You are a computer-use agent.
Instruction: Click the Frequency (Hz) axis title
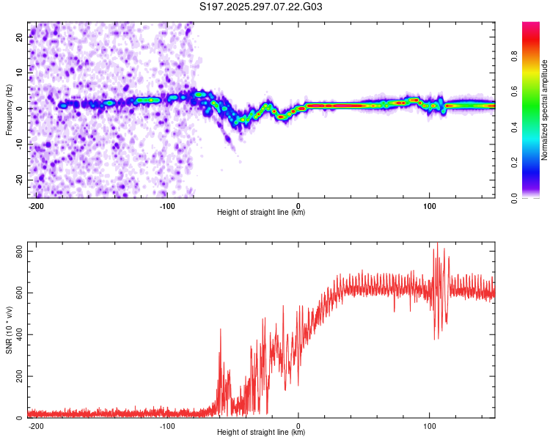[x=10, y=110]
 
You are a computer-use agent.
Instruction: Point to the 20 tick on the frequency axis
[x=21, y=38]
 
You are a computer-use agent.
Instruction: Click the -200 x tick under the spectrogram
[x=36, y=205]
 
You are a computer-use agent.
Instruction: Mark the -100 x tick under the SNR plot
[x=167, y=425]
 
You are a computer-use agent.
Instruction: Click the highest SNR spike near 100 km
[x=438, y=244]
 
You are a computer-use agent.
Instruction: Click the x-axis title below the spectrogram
[x=261, y=213]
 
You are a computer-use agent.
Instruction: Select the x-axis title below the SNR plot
[x=261, y=433]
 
